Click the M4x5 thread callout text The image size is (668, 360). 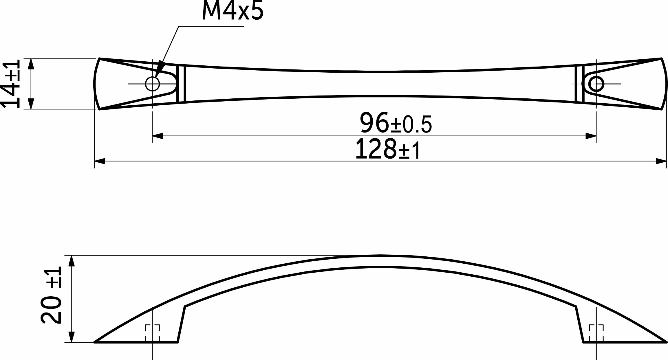pos(233,10)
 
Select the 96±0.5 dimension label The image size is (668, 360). pos(396,123)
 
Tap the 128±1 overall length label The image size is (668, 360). pos(388,149)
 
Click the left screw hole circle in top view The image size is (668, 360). pos(152,84)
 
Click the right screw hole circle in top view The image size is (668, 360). pos(596,84)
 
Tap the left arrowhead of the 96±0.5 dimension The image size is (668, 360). pos(158,136)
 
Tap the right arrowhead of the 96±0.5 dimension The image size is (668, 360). pos(591,136)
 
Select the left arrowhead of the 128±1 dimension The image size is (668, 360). pos(100,161)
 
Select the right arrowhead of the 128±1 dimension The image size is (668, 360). pos(661,161)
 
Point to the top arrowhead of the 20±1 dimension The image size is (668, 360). pos(71,261)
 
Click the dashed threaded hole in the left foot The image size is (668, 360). pos(152,333)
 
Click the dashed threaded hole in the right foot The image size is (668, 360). pos(596,333)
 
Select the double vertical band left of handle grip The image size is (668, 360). pos(181,84)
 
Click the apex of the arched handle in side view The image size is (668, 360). pos(380,256)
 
